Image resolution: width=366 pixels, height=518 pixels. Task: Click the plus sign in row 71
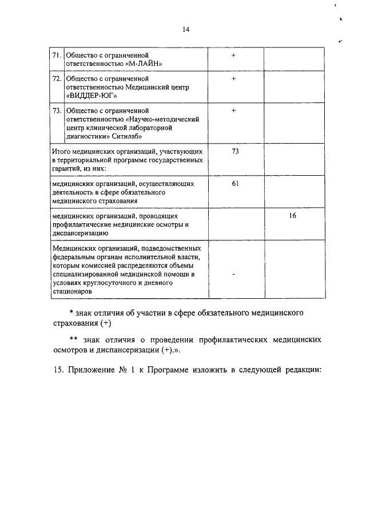234,56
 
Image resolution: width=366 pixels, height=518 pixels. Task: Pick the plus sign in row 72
234,78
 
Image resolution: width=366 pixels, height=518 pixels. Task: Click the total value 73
234,151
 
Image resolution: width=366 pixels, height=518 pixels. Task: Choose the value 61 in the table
234,184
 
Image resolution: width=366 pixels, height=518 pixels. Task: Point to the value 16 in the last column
292,216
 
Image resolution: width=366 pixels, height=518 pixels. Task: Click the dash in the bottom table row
234,274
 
